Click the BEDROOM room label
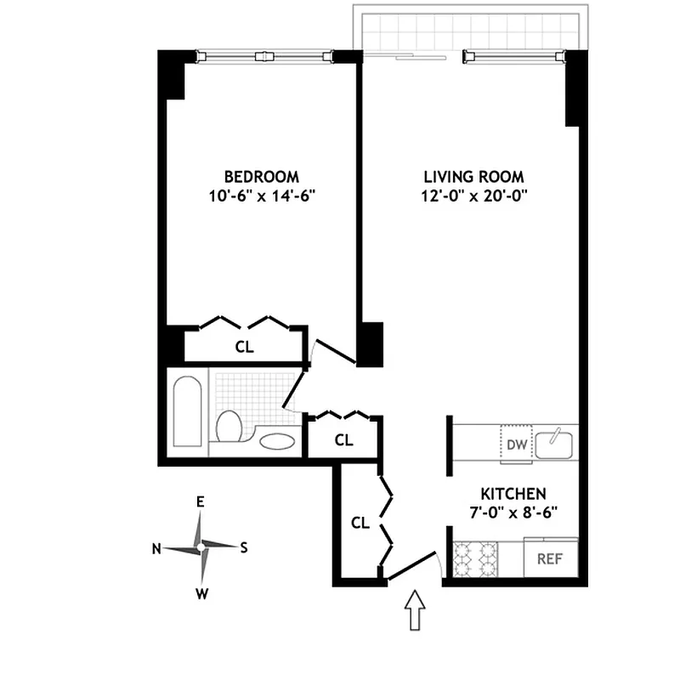[261, 177]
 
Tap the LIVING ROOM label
[473, 177]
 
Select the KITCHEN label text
[513, 494]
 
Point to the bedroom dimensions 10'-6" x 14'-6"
[261, 196]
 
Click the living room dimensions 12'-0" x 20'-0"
[473, 196]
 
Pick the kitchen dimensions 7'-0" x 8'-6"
[513, 513]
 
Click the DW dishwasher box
[516, 445]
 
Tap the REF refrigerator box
[551, 559]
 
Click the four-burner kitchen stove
[476, 558]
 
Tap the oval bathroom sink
[276, 440]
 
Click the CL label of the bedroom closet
[244, 347]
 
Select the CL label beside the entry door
[360, 523]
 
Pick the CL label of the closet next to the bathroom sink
[343, 440]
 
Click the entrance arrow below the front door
[415, 610]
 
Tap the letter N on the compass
[156, 548]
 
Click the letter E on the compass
[201, 502]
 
